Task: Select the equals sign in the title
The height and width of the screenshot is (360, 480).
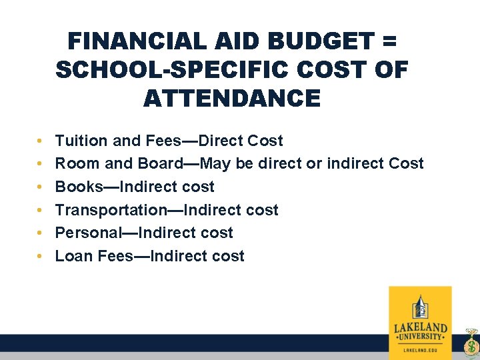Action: (389, 42)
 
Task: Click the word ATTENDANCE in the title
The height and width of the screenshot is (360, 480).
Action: (231, 99)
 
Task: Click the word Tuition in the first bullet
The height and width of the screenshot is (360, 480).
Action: (81, 141)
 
